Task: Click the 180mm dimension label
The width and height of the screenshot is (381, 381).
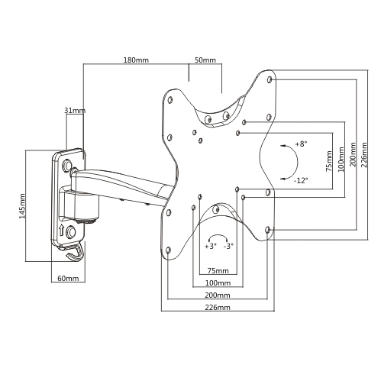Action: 136,60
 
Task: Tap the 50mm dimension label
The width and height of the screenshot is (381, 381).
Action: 205,60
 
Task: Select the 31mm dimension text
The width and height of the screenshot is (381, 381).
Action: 75,111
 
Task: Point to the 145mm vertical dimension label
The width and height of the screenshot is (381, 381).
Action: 22,206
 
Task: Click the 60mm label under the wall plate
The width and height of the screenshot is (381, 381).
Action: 68,278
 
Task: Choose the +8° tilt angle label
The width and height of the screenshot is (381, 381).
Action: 301,144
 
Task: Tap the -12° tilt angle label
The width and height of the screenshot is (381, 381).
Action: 301,180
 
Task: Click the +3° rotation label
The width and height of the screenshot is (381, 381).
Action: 211,246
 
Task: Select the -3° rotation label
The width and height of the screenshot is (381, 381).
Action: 228,246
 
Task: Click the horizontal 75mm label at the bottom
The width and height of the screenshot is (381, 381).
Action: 218,270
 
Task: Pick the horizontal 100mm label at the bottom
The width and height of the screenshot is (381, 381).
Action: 218,283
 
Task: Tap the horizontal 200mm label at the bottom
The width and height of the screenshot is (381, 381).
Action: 218,295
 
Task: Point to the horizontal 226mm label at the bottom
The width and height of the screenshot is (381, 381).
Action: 218,307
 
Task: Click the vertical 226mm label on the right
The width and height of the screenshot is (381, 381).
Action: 364,155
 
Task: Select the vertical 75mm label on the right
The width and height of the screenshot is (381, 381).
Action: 329,161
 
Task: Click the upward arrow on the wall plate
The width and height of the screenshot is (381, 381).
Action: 61,231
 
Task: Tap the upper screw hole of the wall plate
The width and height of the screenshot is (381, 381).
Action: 67,166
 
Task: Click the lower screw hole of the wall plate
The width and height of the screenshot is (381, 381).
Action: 70,232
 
